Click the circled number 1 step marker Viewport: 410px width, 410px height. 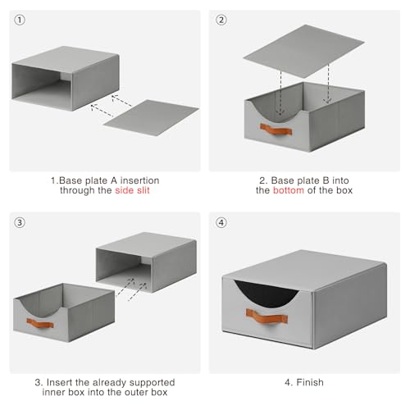[20, 20]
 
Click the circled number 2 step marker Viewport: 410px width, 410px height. [221, 20]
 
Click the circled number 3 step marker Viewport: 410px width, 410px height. [20, 222]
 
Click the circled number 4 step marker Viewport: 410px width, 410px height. [221, 222]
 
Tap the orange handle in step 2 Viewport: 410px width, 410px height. [276, 130]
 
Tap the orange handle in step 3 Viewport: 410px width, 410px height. [40, 323]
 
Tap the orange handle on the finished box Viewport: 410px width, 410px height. [266, 317]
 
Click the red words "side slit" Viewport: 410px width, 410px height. [132, 190]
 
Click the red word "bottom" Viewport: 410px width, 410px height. [289, 190]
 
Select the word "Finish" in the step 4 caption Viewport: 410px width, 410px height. [310, 382]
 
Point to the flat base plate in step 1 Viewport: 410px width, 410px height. [151, 117]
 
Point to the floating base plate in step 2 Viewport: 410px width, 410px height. [303, 51]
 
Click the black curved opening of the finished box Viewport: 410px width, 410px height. [266, 294]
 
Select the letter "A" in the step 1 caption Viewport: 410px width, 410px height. [114, 180]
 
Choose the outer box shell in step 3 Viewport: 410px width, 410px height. [146, 262]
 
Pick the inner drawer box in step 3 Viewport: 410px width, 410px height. [64, 312]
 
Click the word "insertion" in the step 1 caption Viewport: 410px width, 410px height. [139, 180]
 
